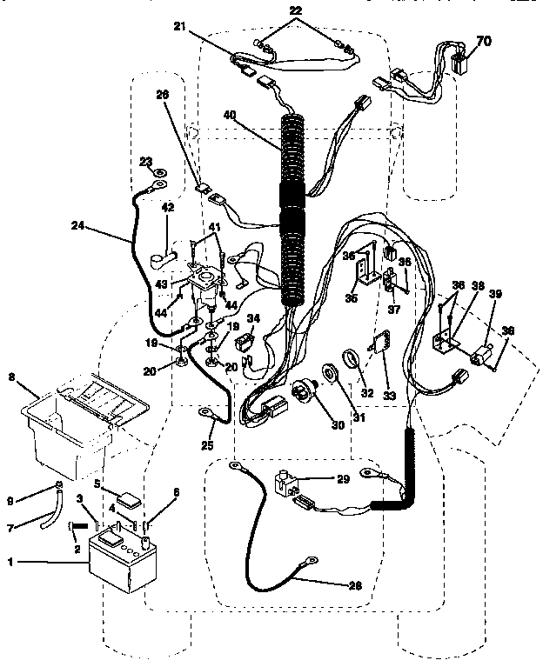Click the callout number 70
(482, 40)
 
